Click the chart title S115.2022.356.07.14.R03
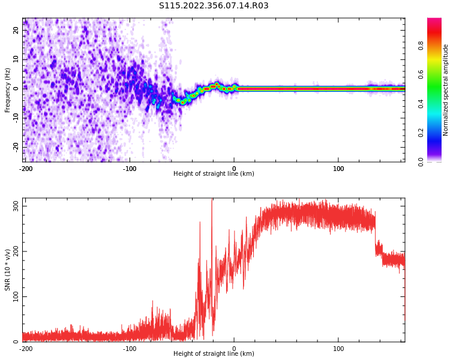point(214,6)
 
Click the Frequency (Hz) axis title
point(8,90)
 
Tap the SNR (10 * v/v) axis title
point(8,270)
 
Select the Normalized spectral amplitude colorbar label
point(446,90)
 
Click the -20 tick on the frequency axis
point(15,146)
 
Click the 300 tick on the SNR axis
point(14,205)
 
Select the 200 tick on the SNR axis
point(14,251)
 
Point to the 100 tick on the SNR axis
point(14,296)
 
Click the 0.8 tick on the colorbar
point(438,44)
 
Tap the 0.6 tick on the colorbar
point(438,74)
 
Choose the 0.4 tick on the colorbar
point(438,103)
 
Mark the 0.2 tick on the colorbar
point(438,133)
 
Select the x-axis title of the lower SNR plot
point(214,354)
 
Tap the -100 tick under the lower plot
point(130,349)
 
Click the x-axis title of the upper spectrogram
point(214,174)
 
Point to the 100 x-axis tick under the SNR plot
point(338,349)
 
